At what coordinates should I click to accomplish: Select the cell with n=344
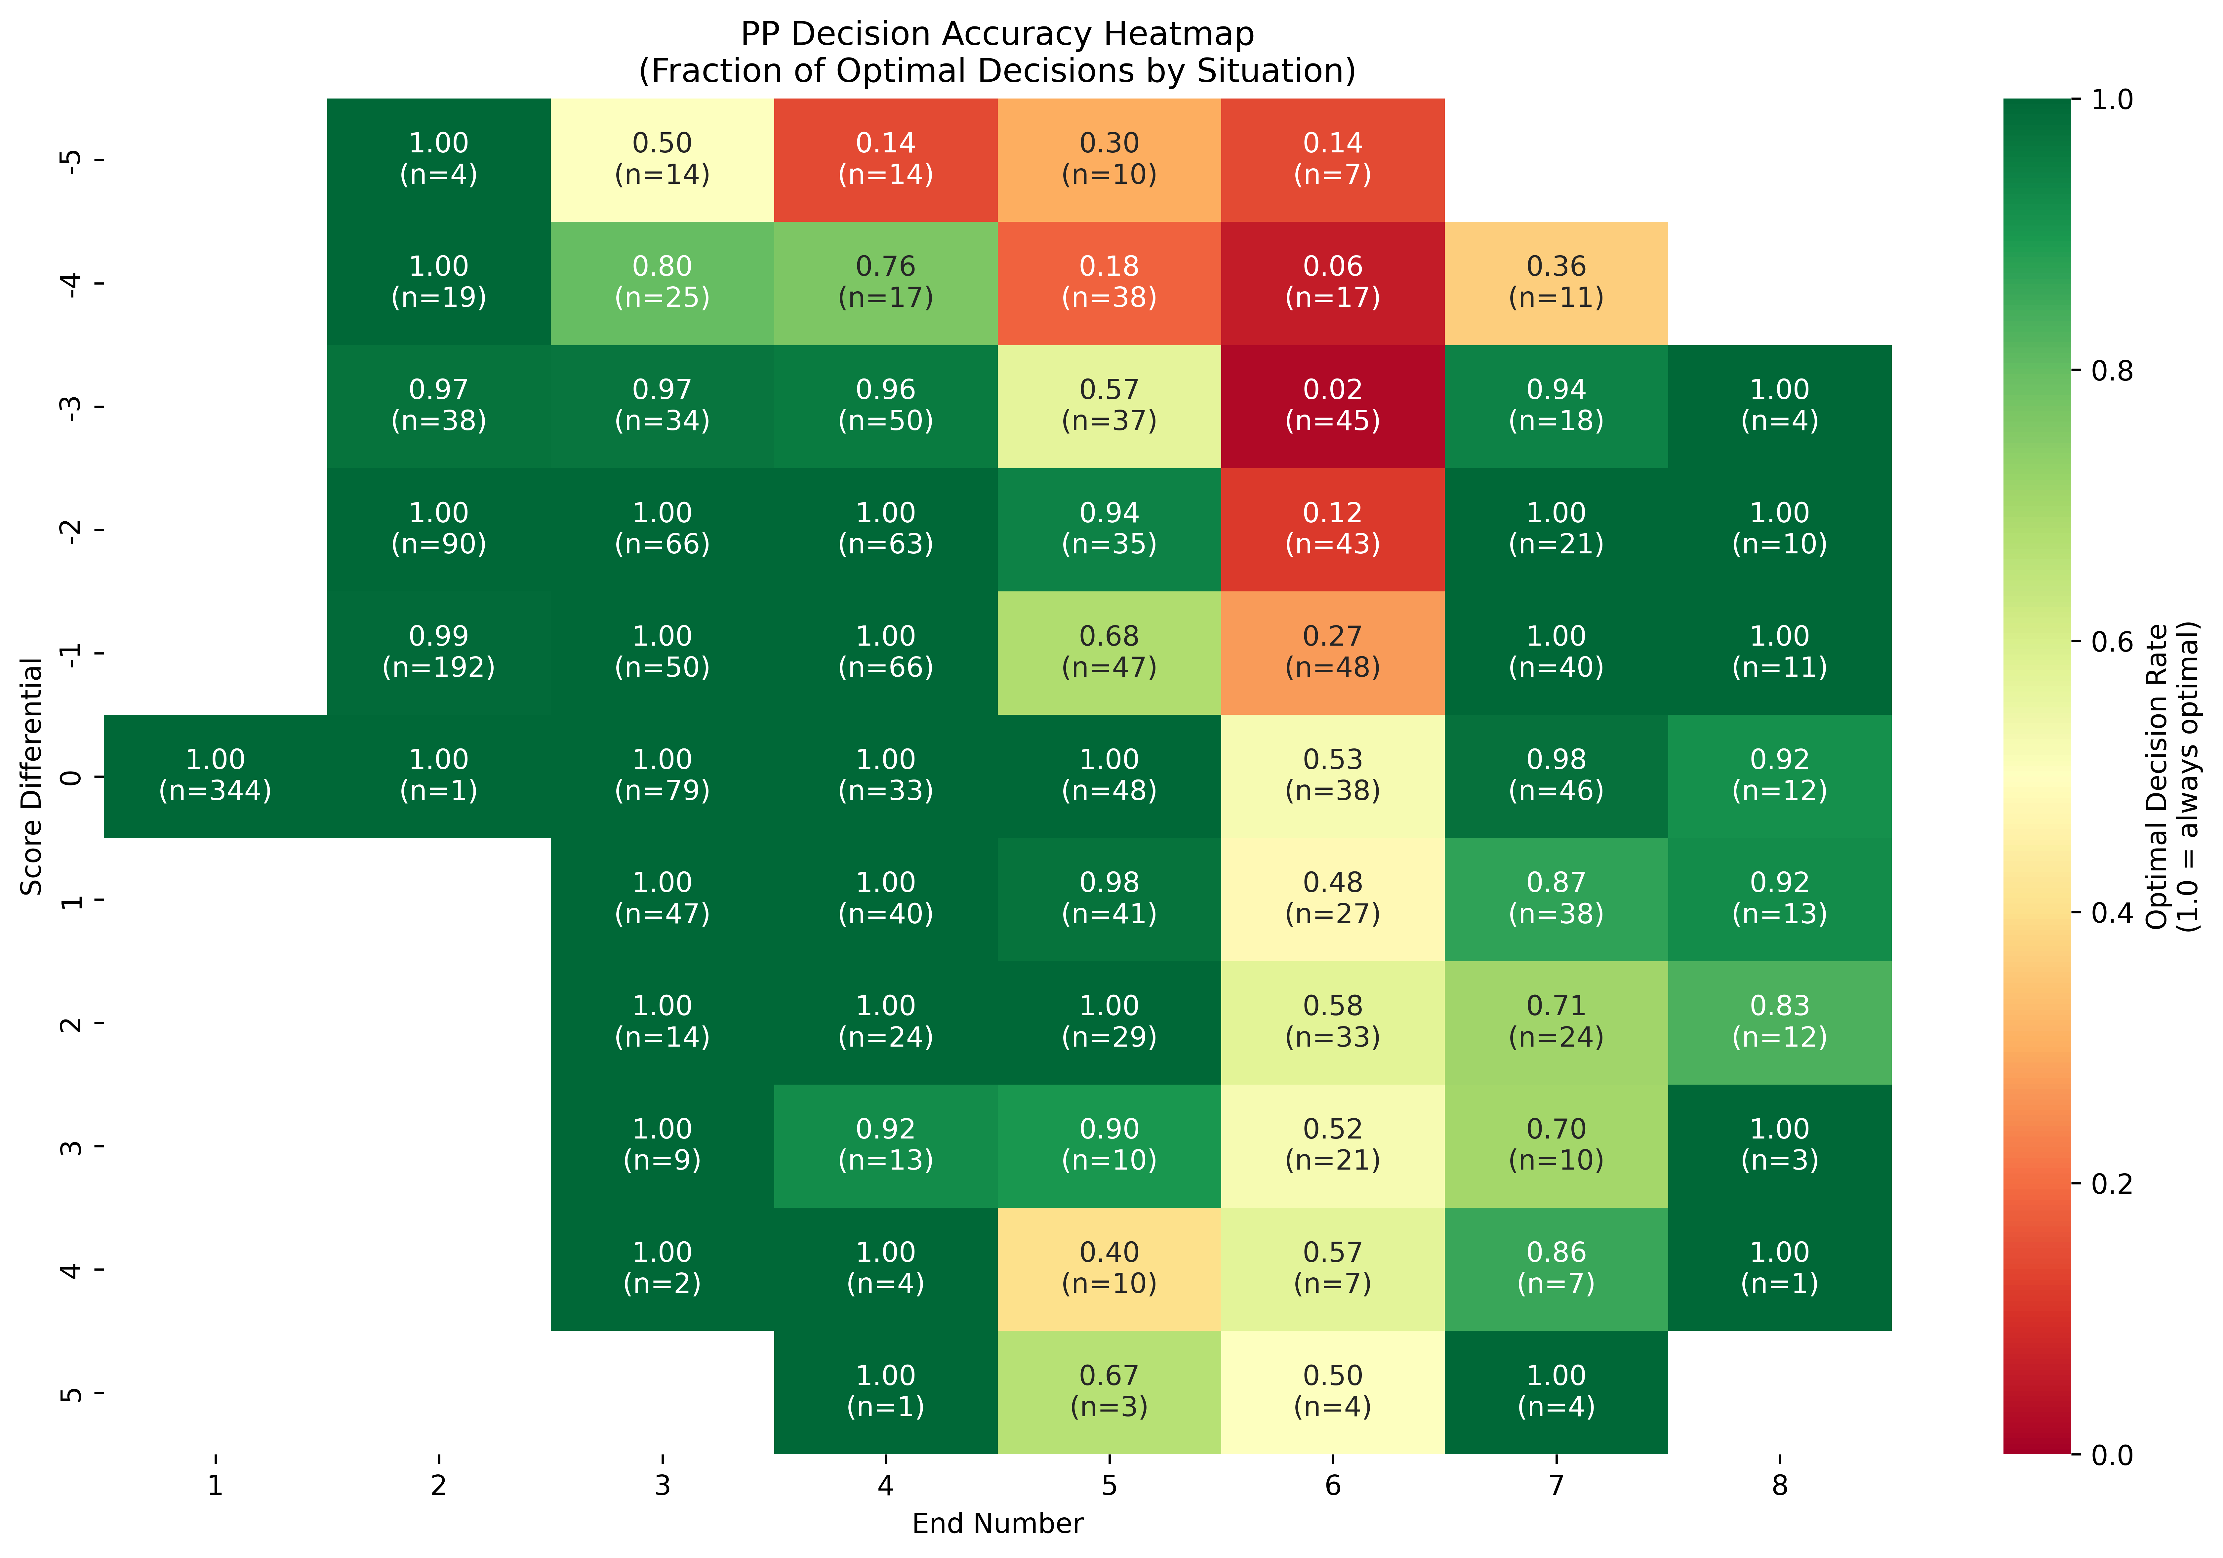point(215,776)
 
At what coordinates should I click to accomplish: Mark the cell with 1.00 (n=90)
point(439,529)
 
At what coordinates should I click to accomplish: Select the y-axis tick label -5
point(70,160)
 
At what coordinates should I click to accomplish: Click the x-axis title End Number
point(997,1524)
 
